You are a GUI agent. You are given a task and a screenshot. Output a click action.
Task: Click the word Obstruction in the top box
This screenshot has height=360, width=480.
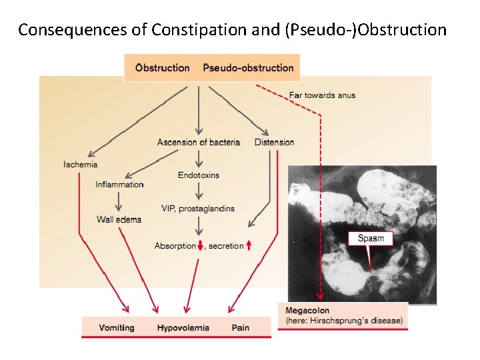click(162, 67)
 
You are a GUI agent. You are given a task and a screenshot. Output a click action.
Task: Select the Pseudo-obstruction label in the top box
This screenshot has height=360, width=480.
click(248, 67)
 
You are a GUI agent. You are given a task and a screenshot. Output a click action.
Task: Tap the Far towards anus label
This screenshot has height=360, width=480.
click(322, 95)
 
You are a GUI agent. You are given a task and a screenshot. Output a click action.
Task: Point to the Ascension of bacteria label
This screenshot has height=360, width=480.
click(198, 142)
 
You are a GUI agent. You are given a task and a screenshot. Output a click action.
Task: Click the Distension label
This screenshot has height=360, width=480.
click(274, 142)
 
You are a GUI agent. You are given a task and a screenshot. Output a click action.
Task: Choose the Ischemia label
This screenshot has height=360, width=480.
click(80, 164)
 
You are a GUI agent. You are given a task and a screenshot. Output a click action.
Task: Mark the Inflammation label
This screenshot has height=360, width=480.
click(119, 185)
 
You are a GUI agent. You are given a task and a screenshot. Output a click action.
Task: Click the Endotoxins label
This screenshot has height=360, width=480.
click(198, 175)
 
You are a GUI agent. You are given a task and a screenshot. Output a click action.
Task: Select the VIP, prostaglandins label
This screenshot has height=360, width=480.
click(198, 209)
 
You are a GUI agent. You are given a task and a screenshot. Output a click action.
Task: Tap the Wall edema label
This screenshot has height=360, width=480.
click(119, 219)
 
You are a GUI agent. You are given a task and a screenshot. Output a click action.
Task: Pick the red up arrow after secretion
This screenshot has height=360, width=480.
click(249, 246)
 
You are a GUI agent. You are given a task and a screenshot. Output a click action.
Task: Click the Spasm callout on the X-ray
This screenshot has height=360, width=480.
click(371, 238)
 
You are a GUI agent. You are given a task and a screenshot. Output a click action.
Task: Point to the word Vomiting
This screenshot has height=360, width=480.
click(117, 327)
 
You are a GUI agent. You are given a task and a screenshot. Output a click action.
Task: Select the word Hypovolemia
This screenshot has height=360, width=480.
click(183, 327)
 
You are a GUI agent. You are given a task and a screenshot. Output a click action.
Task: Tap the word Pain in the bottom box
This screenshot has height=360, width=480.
click(241, 327)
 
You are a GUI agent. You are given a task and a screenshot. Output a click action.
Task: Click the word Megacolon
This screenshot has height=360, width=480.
click(307, 311)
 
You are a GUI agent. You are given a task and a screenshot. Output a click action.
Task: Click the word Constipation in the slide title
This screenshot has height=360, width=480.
click(191, 30)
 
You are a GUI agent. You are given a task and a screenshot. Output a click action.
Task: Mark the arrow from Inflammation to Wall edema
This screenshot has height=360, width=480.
click(119, 201)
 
